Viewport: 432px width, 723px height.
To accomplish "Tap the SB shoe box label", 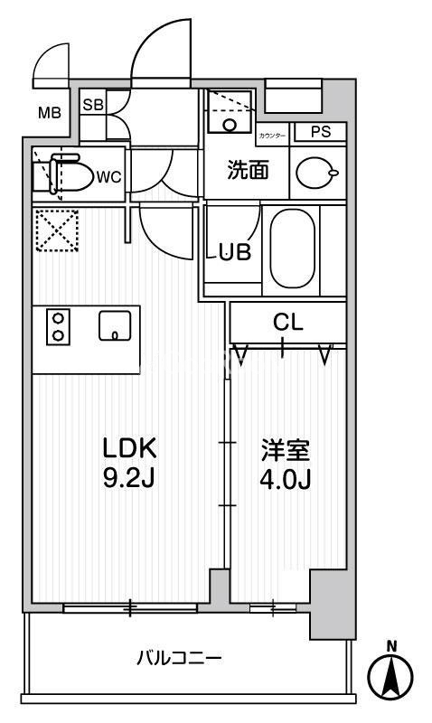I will (x=92, y=104).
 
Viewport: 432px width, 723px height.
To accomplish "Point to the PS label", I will (x=321, y=132).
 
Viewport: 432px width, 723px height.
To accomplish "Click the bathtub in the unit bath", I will (x=292, y=246).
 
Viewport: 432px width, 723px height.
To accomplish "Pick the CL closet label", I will (x=288, y=323).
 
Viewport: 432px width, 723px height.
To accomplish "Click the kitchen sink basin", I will (x=115, y=326).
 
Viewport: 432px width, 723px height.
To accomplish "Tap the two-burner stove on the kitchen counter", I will (x=58, y=326).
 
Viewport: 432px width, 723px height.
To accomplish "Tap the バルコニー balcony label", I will (x=179, y=657).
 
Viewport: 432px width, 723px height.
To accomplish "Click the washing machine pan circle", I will (x=230, y=124).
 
